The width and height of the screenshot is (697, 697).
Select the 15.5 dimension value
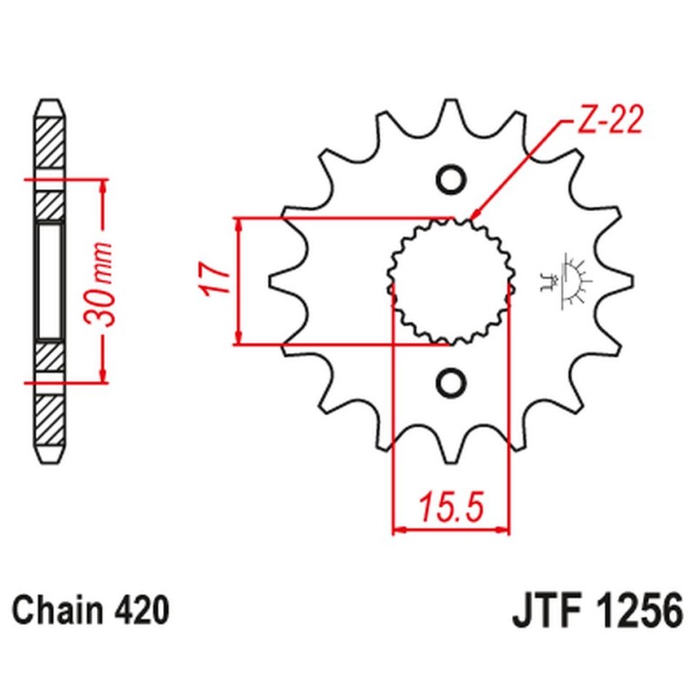pos(450,505)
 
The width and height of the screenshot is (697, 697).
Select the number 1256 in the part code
pos(634,612)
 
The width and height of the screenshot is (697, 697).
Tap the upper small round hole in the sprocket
pos(450,179)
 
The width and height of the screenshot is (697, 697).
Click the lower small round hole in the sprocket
pos(450,381)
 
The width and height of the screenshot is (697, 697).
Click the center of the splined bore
pos(450,281)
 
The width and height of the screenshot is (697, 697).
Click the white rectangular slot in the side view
pos(49,281)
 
